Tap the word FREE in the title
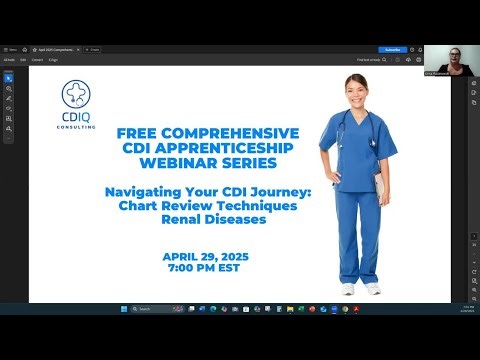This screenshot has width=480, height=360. (139, 133)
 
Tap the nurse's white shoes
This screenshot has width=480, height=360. (360, 288)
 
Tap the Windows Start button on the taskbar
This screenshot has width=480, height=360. (121, 309)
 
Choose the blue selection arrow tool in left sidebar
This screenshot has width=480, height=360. (9, 76)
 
